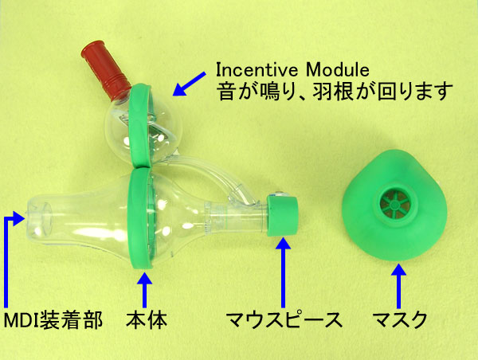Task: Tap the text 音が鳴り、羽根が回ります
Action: tap(335, 89)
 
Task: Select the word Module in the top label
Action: tap(339, 65)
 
